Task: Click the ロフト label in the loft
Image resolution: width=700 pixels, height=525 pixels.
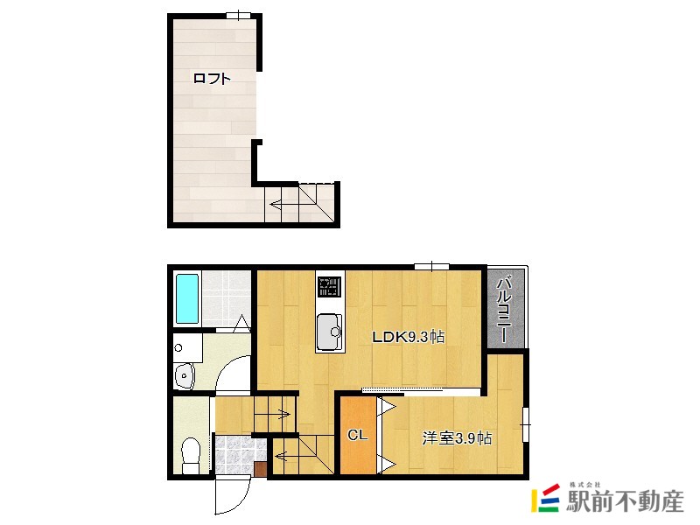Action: [x=212, y=79]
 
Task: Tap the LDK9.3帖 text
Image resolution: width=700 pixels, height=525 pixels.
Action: [x=408, y=337]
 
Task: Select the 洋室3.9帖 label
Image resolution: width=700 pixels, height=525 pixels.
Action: [x=457, y=438]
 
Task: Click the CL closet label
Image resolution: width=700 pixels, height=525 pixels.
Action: [x=357, y=434]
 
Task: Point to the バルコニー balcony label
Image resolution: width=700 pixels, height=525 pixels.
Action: [x=505, y=311]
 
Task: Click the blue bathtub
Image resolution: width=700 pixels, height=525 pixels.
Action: [x=187, y=298]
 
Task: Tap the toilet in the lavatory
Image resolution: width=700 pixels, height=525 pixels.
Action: [x=192, y=455]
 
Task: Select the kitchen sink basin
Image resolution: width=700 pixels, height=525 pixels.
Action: [x=329, y=332]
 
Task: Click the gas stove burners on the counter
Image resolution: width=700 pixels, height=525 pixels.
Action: [x=330, y=287]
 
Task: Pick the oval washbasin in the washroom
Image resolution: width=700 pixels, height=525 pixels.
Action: [x=184, y=375]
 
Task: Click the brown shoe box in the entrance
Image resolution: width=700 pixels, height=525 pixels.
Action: [x=260, y=470]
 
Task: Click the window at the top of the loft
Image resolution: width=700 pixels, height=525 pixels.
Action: [x=239, y=16]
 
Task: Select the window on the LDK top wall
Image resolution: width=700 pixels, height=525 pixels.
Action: [x=431, y=267]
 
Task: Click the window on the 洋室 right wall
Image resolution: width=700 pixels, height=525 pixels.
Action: [x=526, y=424]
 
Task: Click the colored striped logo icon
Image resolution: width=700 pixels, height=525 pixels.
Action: [x=545, y=498]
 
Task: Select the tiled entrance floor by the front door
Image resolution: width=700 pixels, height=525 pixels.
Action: [x=235, y=455]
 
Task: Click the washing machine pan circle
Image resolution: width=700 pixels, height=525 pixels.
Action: [x=178, y=347]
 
